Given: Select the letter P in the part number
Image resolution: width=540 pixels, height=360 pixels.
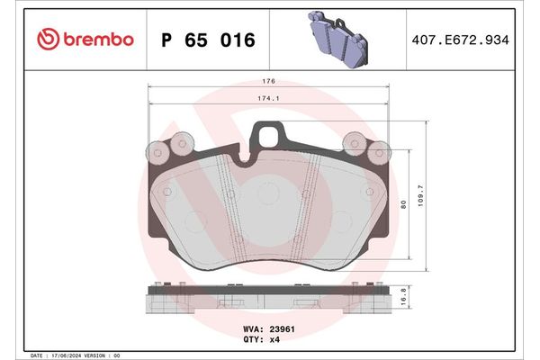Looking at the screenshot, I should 166,40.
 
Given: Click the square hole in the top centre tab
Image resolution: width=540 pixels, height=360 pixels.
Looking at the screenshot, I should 269,135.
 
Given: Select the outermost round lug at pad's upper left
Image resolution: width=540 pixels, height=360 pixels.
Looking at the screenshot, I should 158,150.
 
